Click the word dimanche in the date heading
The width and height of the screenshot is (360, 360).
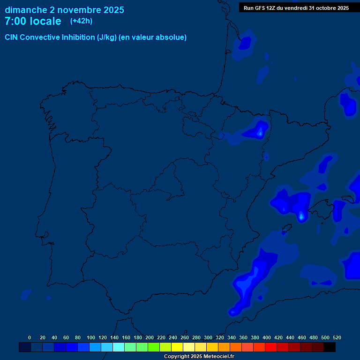pos(26,10)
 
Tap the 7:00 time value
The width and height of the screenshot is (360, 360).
pos(15,22)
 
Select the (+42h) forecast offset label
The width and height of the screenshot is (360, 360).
pos(81,21)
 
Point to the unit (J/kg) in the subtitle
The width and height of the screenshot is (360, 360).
pos(107,37)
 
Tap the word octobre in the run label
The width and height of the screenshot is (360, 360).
pos(326,8)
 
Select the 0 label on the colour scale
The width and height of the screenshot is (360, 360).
pos(30,337)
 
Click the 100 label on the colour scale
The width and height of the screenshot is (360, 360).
pos(91,337)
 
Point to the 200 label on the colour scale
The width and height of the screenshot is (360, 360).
pos(150,337)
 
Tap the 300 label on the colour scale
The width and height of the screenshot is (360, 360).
pos(208,337)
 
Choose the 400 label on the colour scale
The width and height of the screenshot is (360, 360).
pos(267,337)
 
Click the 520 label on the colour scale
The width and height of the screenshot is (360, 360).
pos(337,337)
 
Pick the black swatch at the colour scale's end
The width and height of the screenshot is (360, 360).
pos(330,347)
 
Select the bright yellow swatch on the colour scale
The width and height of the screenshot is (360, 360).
pos(177,347)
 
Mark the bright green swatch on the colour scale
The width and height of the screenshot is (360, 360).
pos(154,347)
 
